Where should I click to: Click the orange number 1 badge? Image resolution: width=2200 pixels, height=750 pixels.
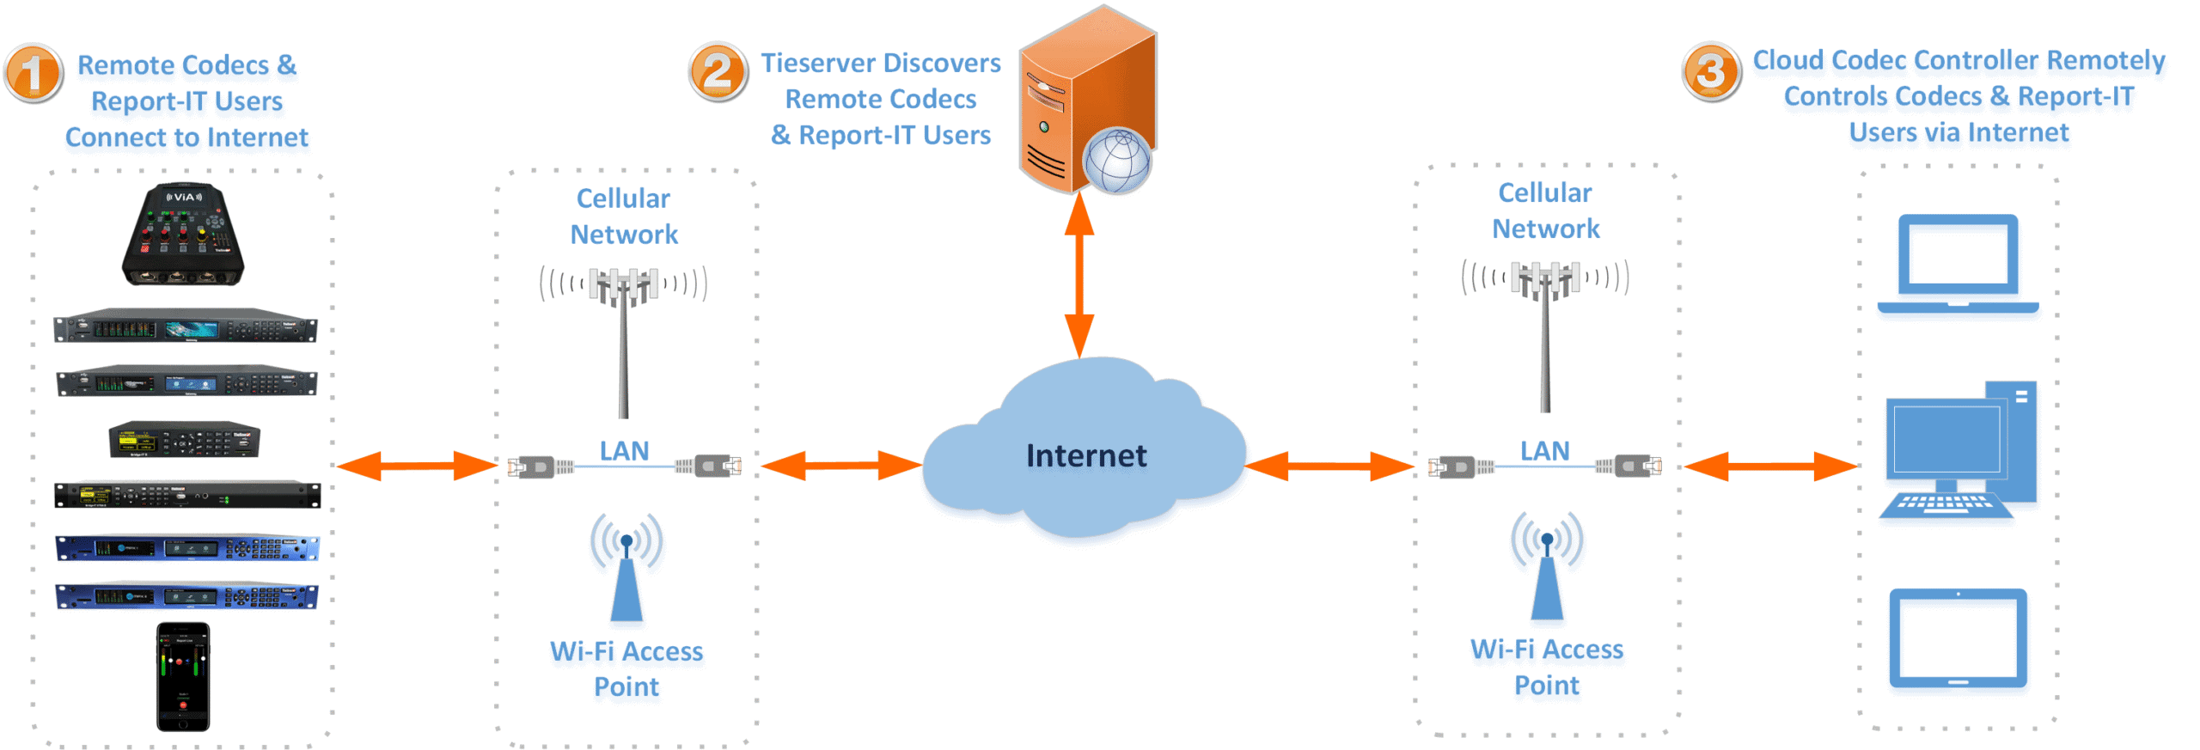(x=33, y=74)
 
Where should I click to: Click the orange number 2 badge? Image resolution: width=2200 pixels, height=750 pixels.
(x=718, y=71)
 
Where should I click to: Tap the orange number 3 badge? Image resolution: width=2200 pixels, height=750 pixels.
(x=1710, y=71)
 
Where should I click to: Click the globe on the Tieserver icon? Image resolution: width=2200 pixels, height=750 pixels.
(x=1116, y=161)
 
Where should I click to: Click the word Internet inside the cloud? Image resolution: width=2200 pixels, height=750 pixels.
(x=1085, y=455)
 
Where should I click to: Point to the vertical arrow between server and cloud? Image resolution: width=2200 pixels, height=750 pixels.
(x=1079, y=275)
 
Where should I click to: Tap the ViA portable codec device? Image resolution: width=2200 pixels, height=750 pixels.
(x=183, y=234)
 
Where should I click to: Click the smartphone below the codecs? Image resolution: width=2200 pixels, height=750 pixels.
(x=183, y=677)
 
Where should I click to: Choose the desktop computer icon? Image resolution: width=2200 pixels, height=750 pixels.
(x=1959, y=451)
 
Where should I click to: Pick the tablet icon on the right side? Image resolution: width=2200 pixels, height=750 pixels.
(x=1958, y=638)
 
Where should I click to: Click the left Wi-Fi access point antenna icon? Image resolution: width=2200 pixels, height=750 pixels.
(x=626, y=567)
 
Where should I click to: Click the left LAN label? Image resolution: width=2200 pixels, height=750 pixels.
(x=624, y=451)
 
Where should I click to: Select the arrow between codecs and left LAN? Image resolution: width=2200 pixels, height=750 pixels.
(x=417, y=466)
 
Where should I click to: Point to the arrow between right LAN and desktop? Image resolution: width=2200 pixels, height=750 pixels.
(x=1770, y=466)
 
